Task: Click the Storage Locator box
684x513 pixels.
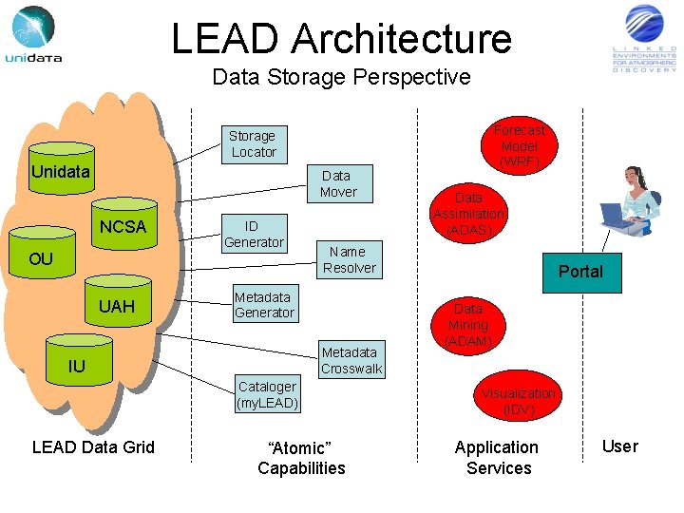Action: tap(253, 144)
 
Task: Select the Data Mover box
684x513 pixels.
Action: tap(338, 184)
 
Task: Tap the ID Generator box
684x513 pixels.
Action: tap(253, 234)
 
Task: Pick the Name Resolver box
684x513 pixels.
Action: tap(349, 259)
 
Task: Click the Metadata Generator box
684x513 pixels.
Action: tap(264, 305)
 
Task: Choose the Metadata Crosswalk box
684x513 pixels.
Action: tap(351, 360)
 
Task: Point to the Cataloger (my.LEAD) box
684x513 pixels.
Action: tap(267, 394)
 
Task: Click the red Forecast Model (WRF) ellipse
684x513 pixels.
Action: tap(520, 145)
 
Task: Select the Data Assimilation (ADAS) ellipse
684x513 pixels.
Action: tap(468, 215)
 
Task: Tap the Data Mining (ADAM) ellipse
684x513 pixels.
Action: tap(468, 325)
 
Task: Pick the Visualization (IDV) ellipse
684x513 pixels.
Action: tap(519, 401)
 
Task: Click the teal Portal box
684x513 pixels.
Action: tap(580, 272)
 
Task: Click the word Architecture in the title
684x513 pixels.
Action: tap(402, 39)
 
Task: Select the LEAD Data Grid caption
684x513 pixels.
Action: tap(93, 446)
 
